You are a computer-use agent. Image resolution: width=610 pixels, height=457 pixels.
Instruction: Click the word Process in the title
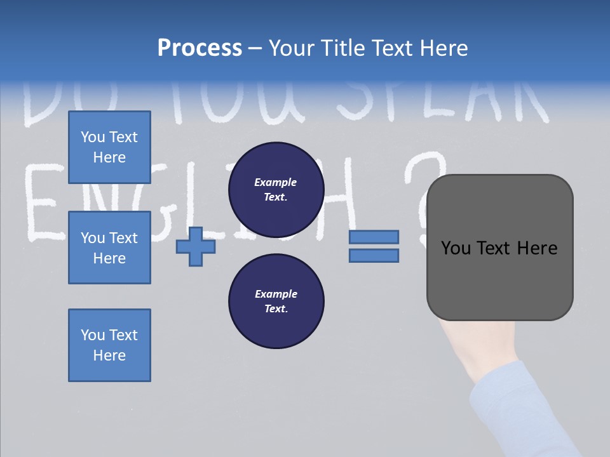click(200, 48)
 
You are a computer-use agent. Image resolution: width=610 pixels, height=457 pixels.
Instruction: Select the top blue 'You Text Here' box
click(109, 147)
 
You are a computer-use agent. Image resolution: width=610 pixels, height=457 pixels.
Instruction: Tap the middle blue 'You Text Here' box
click(109, 248)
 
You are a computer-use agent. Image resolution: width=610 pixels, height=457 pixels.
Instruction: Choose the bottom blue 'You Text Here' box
click(109, 345)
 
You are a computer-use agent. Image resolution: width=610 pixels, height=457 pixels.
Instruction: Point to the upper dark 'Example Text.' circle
click(276, 189)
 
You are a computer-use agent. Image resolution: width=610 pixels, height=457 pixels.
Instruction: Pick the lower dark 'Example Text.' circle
click(276, 301)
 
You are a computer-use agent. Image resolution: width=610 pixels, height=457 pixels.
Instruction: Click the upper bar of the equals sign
click(374, 237)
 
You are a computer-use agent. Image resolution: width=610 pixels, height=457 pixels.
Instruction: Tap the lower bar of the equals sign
click(374, 255)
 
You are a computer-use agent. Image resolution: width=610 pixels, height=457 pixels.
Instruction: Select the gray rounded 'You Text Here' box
click(499, 248)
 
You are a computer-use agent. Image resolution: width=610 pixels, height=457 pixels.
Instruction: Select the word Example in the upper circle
click(276, 182)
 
